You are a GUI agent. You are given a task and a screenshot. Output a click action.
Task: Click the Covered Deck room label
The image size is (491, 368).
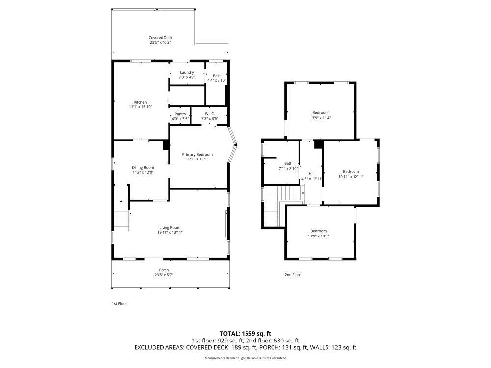[x=161, y=38]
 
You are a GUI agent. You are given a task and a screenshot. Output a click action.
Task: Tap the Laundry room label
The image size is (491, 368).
[x=187, y=72]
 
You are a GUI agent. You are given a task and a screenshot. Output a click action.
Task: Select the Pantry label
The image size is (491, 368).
[x=180, y=114]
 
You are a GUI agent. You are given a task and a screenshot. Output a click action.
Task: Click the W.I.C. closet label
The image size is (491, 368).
[x=210, y=114]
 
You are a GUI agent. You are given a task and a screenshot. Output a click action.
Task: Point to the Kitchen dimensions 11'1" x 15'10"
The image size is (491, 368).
[x=140, y=107]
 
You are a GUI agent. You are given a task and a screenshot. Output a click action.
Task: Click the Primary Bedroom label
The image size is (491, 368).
[x=197, y=154]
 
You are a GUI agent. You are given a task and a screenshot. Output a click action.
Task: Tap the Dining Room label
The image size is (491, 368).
[x=143, y=168]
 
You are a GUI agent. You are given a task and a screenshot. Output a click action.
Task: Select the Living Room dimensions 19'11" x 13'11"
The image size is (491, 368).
[x=170, y=232]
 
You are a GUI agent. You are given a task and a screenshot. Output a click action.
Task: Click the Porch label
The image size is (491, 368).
[x=164, y=270]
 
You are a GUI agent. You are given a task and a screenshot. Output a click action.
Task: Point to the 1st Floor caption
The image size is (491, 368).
[x=120, y=304]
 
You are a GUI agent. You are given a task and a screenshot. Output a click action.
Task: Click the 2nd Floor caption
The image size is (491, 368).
[x=293, y=275]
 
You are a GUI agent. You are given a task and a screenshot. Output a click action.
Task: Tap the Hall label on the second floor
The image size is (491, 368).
[x=312, y=174]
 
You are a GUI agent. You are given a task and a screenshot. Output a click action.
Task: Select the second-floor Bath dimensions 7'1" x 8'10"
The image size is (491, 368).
[x=288, y=169]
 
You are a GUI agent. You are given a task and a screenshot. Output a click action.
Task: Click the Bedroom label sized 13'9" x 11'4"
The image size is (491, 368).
[x=320, y=113]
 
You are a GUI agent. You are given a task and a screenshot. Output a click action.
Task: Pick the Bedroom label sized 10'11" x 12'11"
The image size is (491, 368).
[x=351, y=171]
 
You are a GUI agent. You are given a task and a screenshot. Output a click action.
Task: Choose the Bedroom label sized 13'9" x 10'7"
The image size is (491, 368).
[x=319, y=231]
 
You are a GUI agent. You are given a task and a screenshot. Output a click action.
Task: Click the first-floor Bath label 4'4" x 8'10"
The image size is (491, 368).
[x=217, y=76]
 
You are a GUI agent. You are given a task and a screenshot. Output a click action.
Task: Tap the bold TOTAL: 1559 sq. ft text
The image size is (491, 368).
[x=245, y=334]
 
